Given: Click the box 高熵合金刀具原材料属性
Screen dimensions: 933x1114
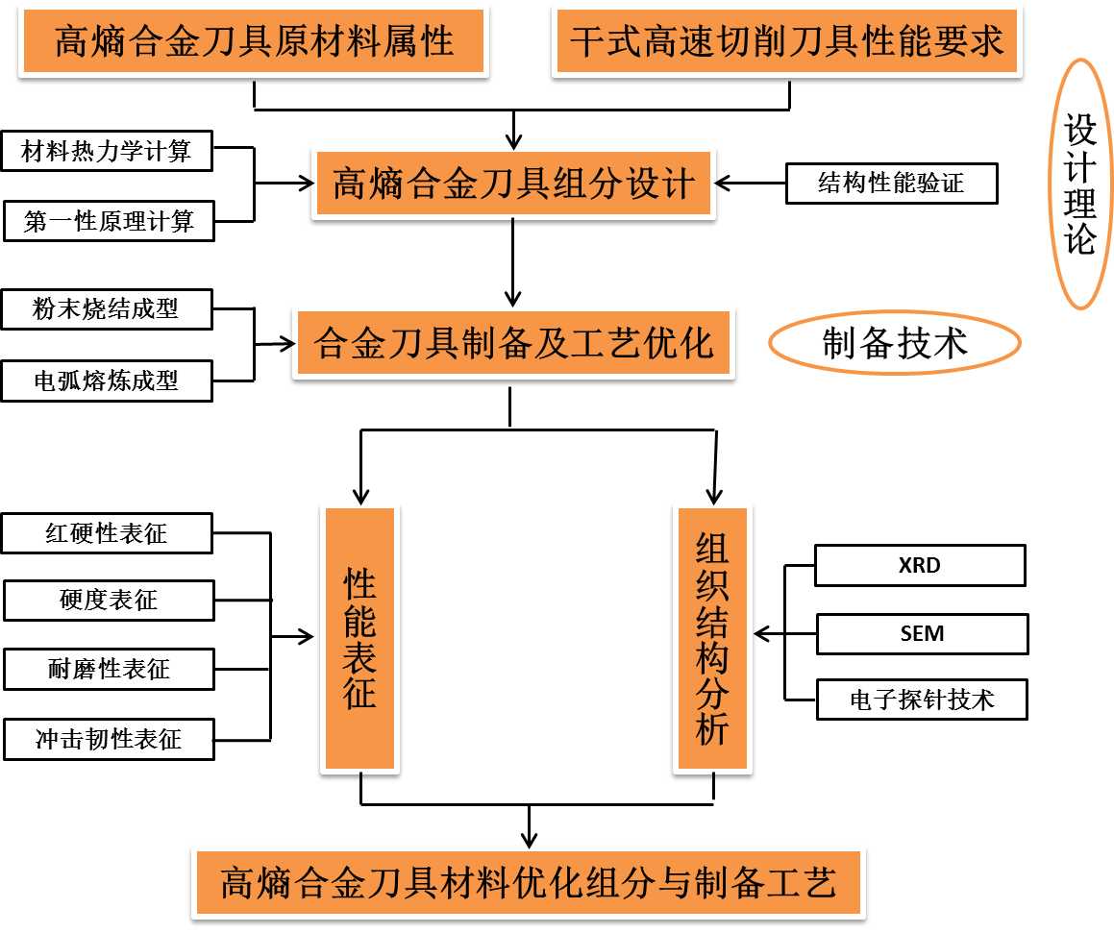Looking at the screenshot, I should coord(254,41).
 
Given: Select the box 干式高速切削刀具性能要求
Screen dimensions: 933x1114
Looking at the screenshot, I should coord(786,41).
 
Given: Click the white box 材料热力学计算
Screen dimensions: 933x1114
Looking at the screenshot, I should coord(106,152).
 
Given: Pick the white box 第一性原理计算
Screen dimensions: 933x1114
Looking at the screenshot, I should coord(108,222).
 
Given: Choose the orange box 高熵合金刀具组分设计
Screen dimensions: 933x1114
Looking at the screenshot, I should coord(513,183).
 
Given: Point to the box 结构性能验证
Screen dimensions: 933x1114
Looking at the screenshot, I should coord(891,184).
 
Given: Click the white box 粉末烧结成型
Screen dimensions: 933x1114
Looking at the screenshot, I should coord(106,309).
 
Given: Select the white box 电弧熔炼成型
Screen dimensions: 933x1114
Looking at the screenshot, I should coord(106,381).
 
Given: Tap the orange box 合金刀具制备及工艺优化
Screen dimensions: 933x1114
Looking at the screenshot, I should coord(513,343).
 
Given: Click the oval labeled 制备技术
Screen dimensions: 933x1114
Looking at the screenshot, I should coord(894,343).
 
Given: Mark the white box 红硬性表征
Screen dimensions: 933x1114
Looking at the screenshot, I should coord(106,533).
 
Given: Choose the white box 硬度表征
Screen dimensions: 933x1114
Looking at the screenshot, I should coord(108,601).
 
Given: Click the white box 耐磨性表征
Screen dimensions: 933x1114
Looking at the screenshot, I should coord(108,669).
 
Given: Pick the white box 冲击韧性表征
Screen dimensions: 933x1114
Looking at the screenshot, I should coord(108,740).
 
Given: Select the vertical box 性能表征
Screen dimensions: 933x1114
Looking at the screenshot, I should coord(359,638).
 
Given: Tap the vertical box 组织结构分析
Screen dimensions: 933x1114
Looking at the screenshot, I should coord(712,638).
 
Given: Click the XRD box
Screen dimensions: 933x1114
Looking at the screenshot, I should coord(920,566).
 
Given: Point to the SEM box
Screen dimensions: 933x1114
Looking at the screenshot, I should coord(922,634).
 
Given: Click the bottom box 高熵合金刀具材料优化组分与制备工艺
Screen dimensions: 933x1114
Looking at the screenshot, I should coord(529,882).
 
